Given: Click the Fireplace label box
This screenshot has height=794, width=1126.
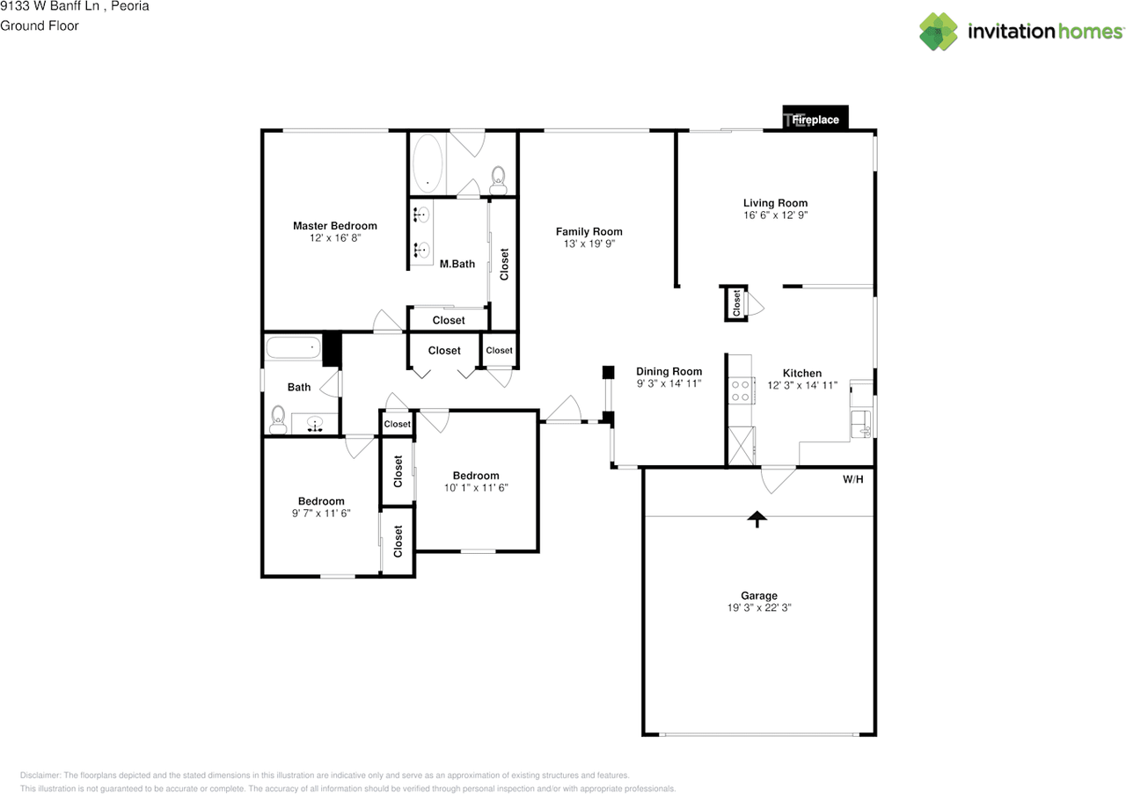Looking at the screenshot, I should [815, 119].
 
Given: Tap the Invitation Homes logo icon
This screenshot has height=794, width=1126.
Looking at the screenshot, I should [939, 32].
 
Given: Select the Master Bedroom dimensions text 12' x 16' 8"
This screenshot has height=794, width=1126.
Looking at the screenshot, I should [334, 238].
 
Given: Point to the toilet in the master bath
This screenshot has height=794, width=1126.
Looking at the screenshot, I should [499, 178].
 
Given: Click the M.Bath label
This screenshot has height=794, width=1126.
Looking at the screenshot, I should [457, 264].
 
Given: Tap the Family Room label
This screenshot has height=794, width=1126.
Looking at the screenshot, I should [589, 232].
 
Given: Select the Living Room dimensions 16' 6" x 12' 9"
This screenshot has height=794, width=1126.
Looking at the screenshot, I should [774, 215].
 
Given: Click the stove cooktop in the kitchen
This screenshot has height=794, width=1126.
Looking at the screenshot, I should [740, 390].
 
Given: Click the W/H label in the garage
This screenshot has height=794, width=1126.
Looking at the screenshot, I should [853, 480].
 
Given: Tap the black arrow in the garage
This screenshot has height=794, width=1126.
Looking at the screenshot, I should [755, 519].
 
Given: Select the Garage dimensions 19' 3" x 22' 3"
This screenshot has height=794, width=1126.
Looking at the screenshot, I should [757, 608].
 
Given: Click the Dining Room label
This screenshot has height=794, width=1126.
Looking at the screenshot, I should [669, 372].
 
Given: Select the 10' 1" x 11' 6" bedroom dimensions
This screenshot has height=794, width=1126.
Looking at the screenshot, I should [476, 487].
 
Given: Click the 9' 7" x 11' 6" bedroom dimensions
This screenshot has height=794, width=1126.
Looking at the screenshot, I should [320, 514].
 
